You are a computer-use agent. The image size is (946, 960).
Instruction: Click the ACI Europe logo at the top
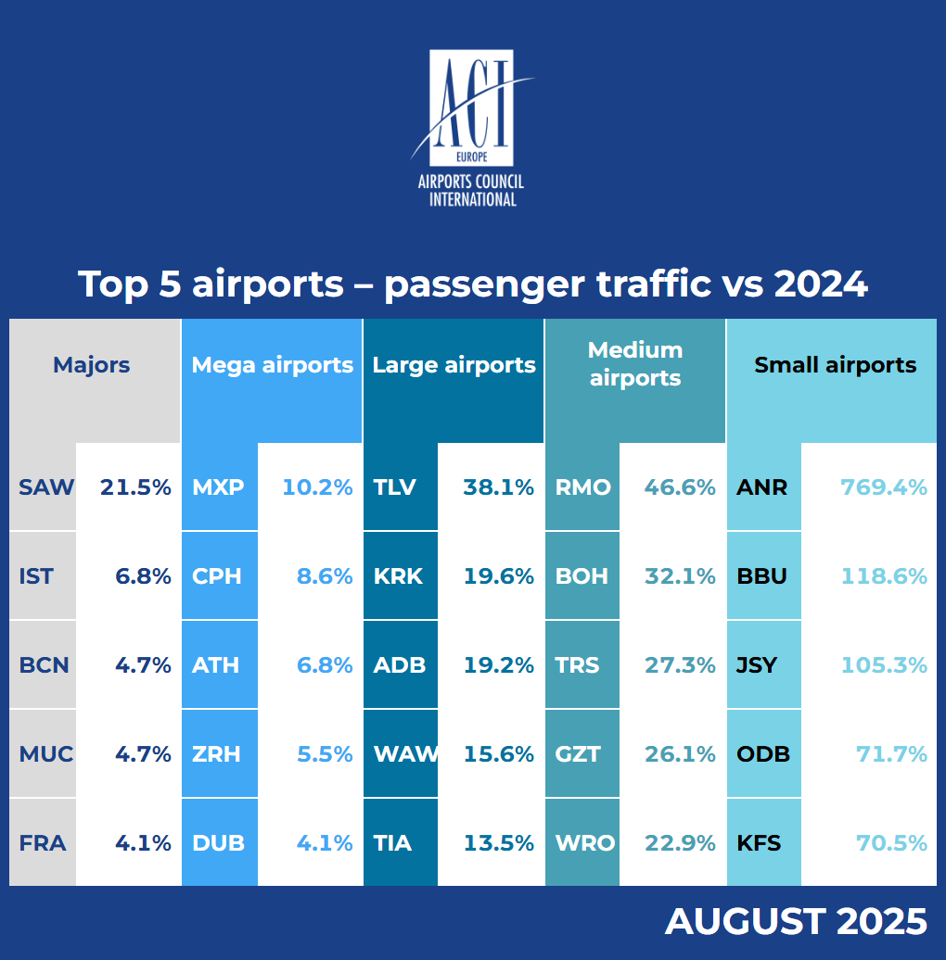click(x=472, y=128)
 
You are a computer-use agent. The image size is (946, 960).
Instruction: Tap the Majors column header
click(x=92, y=365)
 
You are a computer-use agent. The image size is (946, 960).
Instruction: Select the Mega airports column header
click(x=272, y=365)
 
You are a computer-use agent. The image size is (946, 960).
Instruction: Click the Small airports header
click(x=835, y=365)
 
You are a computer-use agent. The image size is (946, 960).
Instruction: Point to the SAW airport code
click(x=45, y=487)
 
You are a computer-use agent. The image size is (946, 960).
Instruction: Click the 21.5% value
click(x=135, y=487)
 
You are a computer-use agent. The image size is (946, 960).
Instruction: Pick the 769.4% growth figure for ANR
click(x=884, y=487)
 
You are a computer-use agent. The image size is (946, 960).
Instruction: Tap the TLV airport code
click(x=394, y=487)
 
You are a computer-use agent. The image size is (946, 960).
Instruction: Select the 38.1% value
click(x=499, y=487)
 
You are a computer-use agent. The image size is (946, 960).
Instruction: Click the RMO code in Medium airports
click(x=582, y=487)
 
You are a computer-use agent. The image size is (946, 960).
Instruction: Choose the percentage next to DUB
click(x=325, y=843)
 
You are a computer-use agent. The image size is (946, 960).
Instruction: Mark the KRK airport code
click(x=398, y=576)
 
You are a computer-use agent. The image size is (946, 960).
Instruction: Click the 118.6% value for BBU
click(x=884, y=576)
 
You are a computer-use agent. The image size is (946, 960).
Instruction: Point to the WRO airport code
click(x=584, y=843)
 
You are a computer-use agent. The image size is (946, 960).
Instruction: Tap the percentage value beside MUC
click(x=144, y=754)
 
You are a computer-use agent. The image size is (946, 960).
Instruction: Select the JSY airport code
click(x=757, y=665)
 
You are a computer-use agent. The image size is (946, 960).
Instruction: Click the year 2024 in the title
click(x=821, y=284)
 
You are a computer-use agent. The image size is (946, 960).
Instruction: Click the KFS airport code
click(x=759, y=843)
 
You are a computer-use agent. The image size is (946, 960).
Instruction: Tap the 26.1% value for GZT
click(x=680, y=754)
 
